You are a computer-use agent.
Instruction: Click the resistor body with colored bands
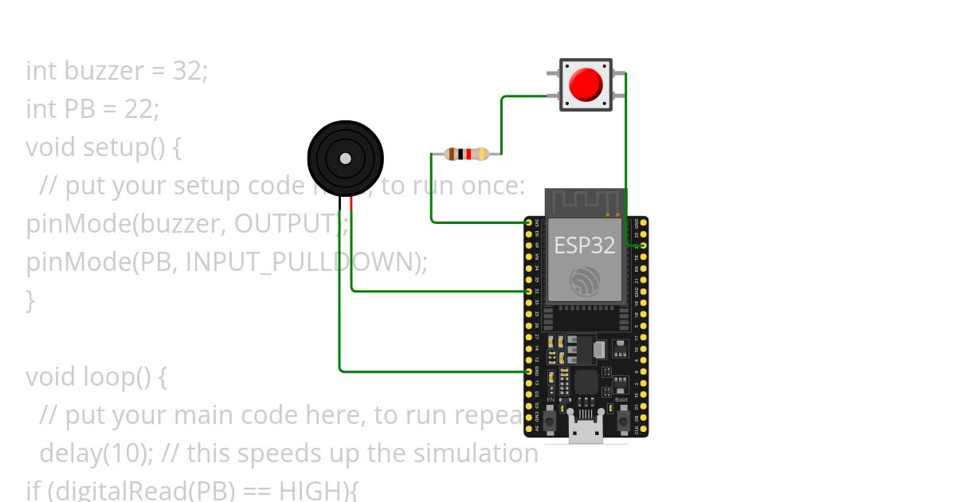click(467, 154)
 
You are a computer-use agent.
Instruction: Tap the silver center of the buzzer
click(345, 159)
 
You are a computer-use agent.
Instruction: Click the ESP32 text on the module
click(585, 245)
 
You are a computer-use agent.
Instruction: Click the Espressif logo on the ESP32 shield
click(585, 281)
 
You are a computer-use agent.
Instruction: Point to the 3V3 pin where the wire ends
click(528, 222)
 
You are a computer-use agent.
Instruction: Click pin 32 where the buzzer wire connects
click(528, 291)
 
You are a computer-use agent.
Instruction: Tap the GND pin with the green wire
click(528, 371)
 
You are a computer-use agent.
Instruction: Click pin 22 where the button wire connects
click(642, 245)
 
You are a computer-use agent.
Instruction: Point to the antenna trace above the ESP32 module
click(586, 200)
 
